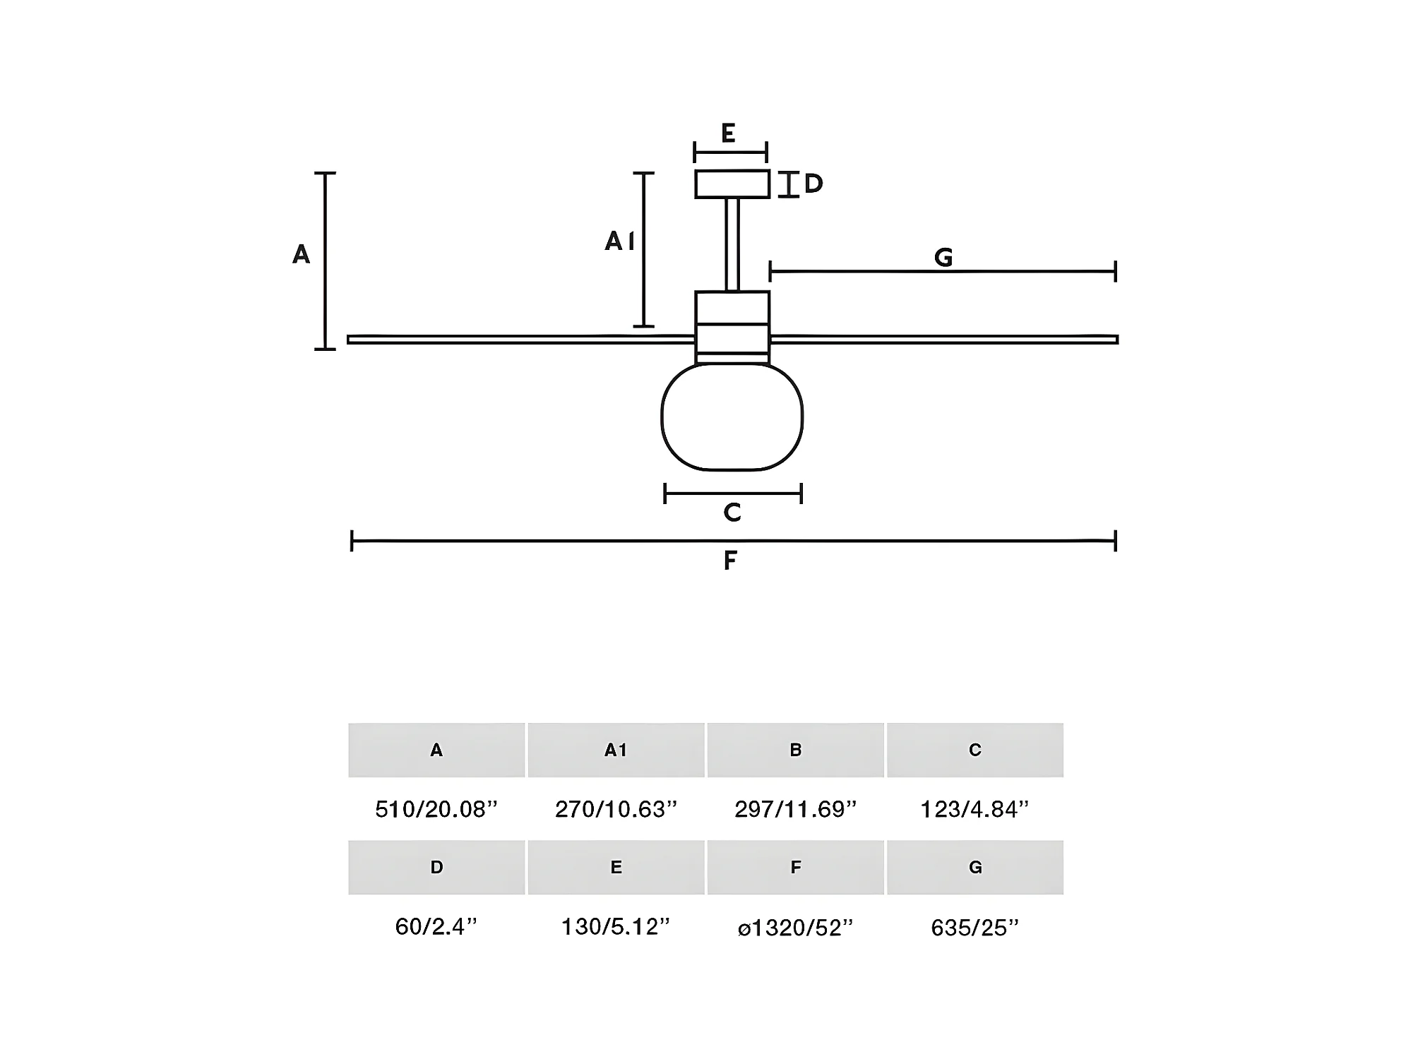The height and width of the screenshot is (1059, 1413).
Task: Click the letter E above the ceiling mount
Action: point(728,133)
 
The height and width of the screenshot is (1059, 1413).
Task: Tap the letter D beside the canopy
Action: point(813,184)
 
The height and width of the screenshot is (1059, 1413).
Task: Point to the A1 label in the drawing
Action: point(619,241)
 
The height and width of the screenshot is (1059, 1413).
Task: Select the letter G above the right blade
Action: point(943,258)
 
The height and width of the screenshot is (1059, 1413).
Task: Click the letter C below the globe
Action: point(732,512)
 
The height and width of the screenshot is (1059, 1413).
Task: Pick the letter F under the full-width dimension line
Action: point(730,561)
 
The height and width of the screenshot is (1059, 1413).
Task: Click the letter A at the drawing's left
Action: point(301,254)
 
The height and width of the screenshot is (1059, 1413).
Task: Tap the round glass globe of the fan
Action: point(732,417)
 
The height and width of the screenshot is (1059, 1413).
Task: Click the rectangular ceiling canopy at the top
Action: point(732,184)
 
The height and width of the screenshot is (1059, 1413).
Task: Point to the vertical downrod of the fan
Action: point(732,244)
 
